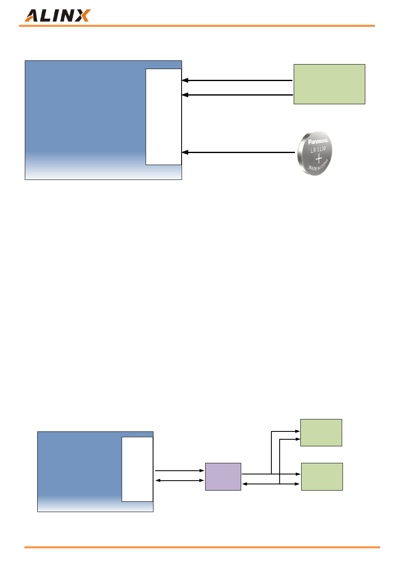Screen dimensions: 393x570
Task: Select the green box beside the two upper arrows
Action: tap(329, 84)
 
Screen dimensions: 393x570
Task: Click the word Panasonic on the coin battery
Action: tap(318, 141)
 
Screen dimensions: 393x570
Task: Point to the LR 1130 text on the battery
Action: tap(319, 149)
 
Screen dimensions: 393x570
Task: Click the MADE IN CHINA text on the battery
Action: tap(319, 165)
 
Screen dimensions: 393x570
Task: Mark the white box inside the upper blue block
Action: tap(163, 117)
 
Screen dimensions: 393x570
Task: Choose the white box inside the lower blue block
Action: tap(137, 469)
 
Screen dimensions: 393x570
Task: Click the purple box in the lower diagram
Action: tap(223, 477)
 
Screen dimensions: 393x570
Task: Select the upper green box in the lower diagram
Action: tap(321, 432)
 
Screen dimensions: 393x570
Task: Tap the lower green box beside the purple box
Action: tap(322, 477)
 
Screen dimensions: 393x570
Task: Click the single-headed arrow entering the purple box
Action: tap(180, 471)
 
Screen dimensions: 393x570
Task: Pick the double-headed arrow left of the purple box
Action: tap(180, 480)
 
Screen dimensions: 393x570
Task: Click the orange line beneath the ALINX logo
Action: tap(197, 26)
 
